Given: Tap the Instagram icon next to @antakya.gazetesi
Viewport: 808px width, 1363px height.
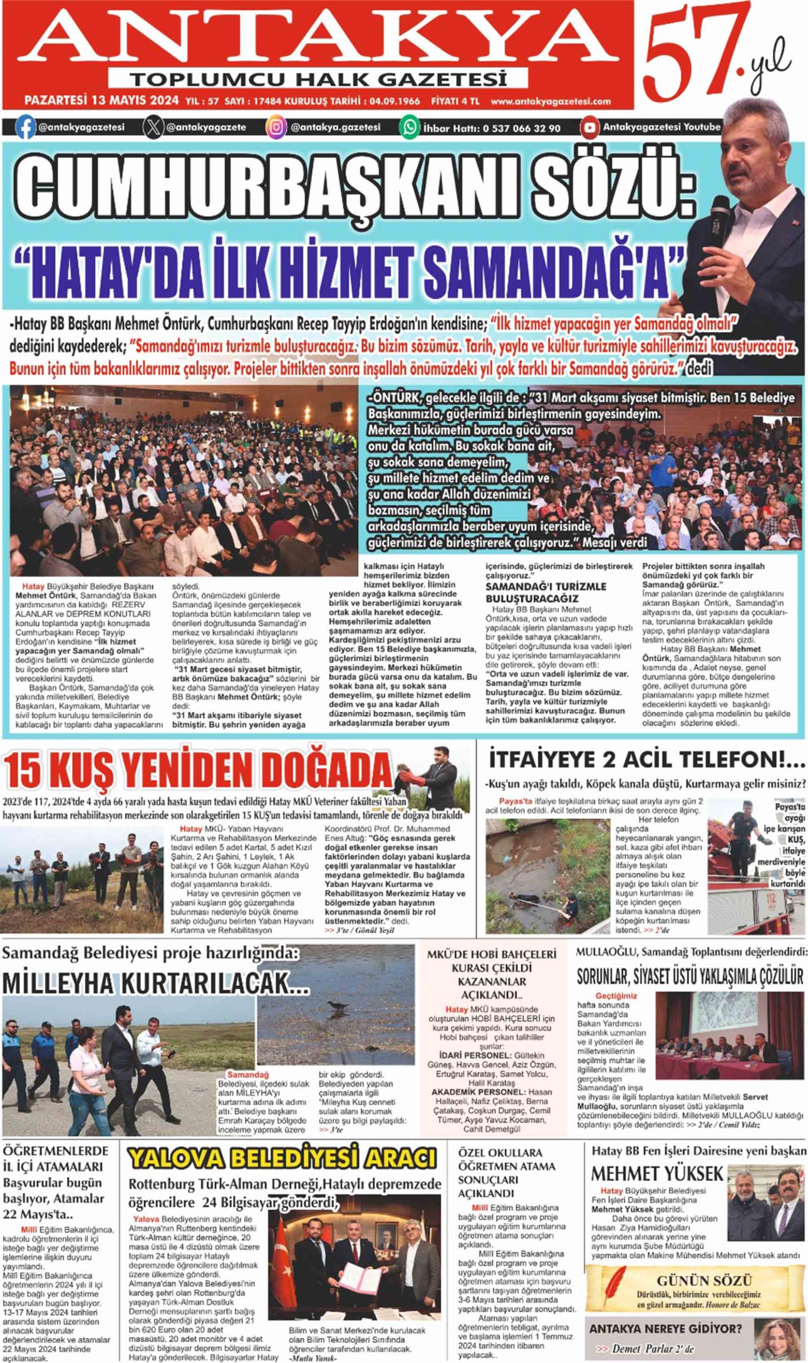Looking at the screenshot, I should [277, 127].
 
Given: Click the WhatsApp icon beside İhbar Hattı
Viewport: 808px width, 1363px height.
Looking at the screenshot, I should [409, 127].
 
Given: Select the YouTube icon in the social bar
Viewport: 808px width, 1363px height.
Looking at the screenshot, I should [589, 127].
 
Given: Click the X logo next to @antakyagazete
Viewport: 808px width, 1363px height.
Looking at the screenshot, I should [152, 127].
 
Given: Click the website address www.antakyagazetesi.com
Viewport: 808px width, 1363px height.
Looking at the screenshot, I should [550, 101].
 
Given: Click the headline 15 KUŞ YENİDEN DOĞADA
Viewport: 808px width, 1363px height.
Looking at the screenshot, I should [198, 769].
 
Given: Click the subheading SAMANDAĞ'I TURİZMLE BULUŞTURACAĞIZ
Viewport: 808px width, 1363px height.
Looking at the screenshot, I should [546, 592].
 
